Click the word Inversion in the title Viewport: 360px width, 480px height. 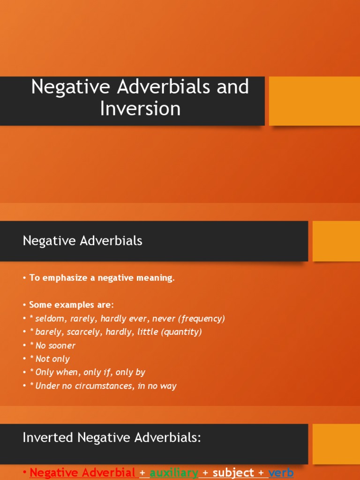[140, 109]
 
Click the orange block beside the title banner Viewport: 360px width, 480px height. [314, 101]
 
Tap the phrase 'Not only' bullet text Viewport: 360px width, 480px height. [52, 359]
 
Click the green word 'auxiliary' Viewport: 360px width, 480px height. [174, 472]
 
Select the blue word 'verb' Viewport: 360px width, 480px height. [281, 472]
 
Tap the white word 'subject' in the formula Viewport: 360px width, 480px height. [233, 472]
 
